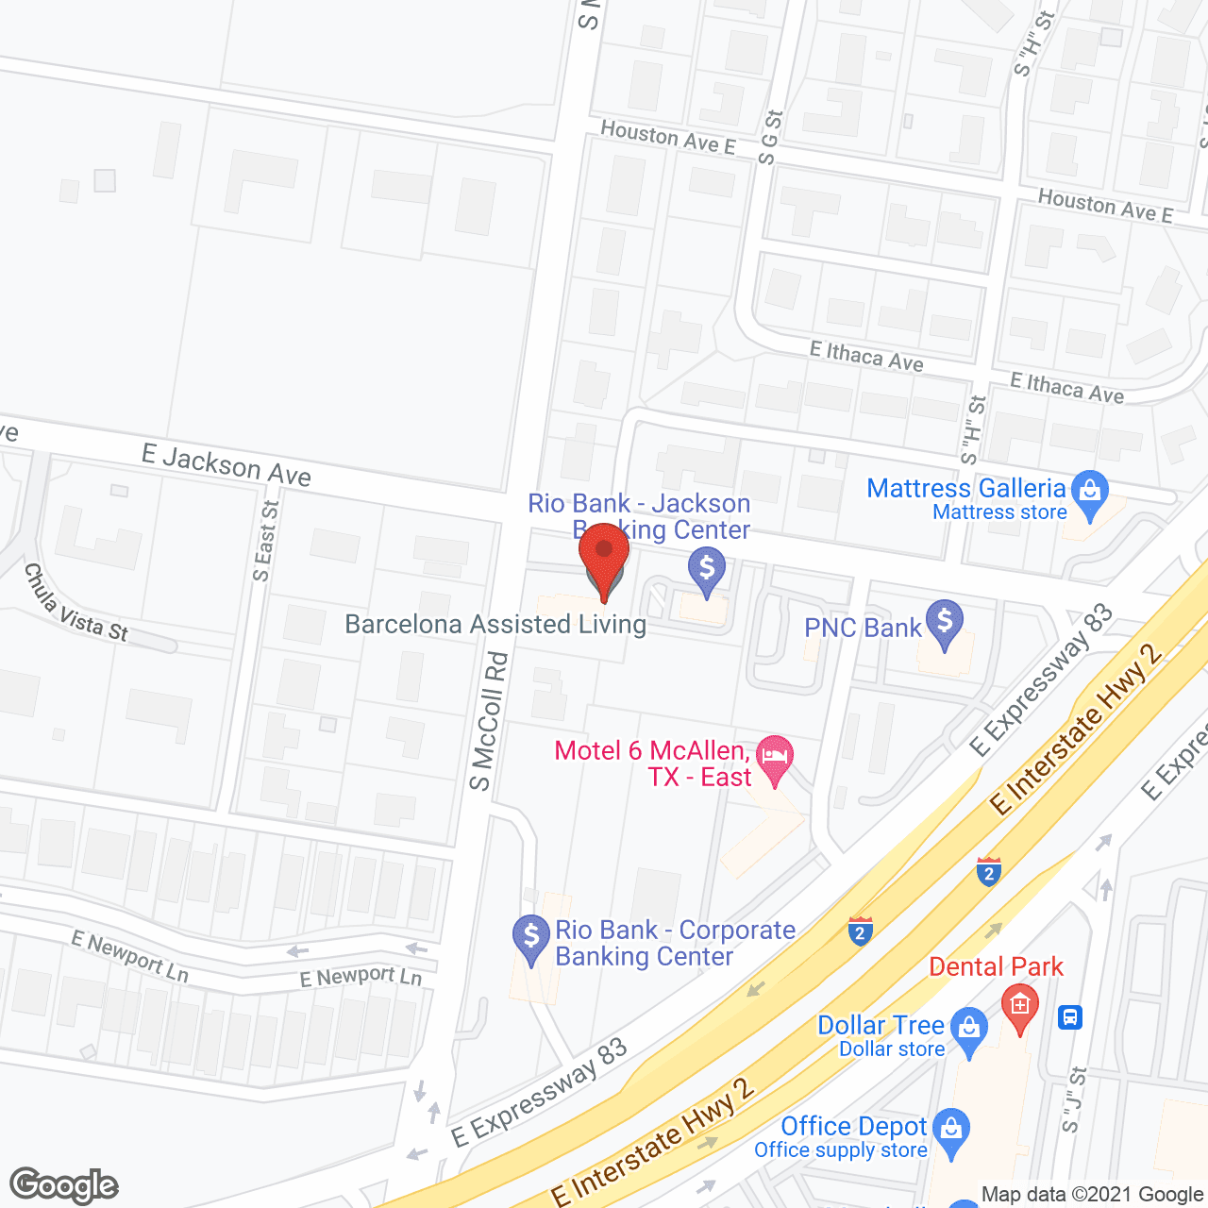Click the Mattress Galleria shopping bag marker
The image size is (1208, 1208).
click(x=1090, y=494)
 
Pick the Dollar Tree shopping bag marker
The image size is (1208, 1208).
click(x=969, y=1030)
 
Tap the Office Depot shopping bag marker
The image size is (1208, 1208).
click(x=950, y=1131)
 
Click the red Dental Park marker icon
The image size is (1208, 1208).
click(x=1019, y=1007)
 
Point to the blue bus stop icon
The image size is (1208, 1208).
click(x=1070, y=1017)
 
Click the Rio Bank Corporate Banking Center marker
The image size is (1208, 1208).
click(x=531, y=938)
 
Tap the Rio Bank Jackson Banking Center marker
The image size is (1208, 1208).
click(x=706, y=571)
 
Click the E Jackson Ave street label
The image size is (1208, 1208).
click(x=226, y=465)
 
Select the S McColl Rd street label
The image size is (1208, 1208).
click(x=489, y=721)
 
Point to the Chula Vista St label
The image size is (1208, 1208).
click(x=75, y=605)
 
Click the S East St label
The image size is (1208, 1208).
click(x=267, y=541)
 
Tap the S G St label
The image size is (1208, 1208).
click(x=770, y=138)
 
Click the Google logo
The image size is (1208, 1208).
click(x=64, y=1185)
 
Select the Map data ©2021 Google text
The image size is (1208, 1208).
click(x=1093, y=1195)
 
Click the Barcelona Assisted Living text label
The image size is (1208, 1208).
click(x=495, y=625)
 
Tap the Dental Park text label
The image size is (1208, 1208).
click(x=996, y=967)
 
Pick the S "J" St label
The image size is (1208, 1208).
click(x=1075, y=1100)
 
